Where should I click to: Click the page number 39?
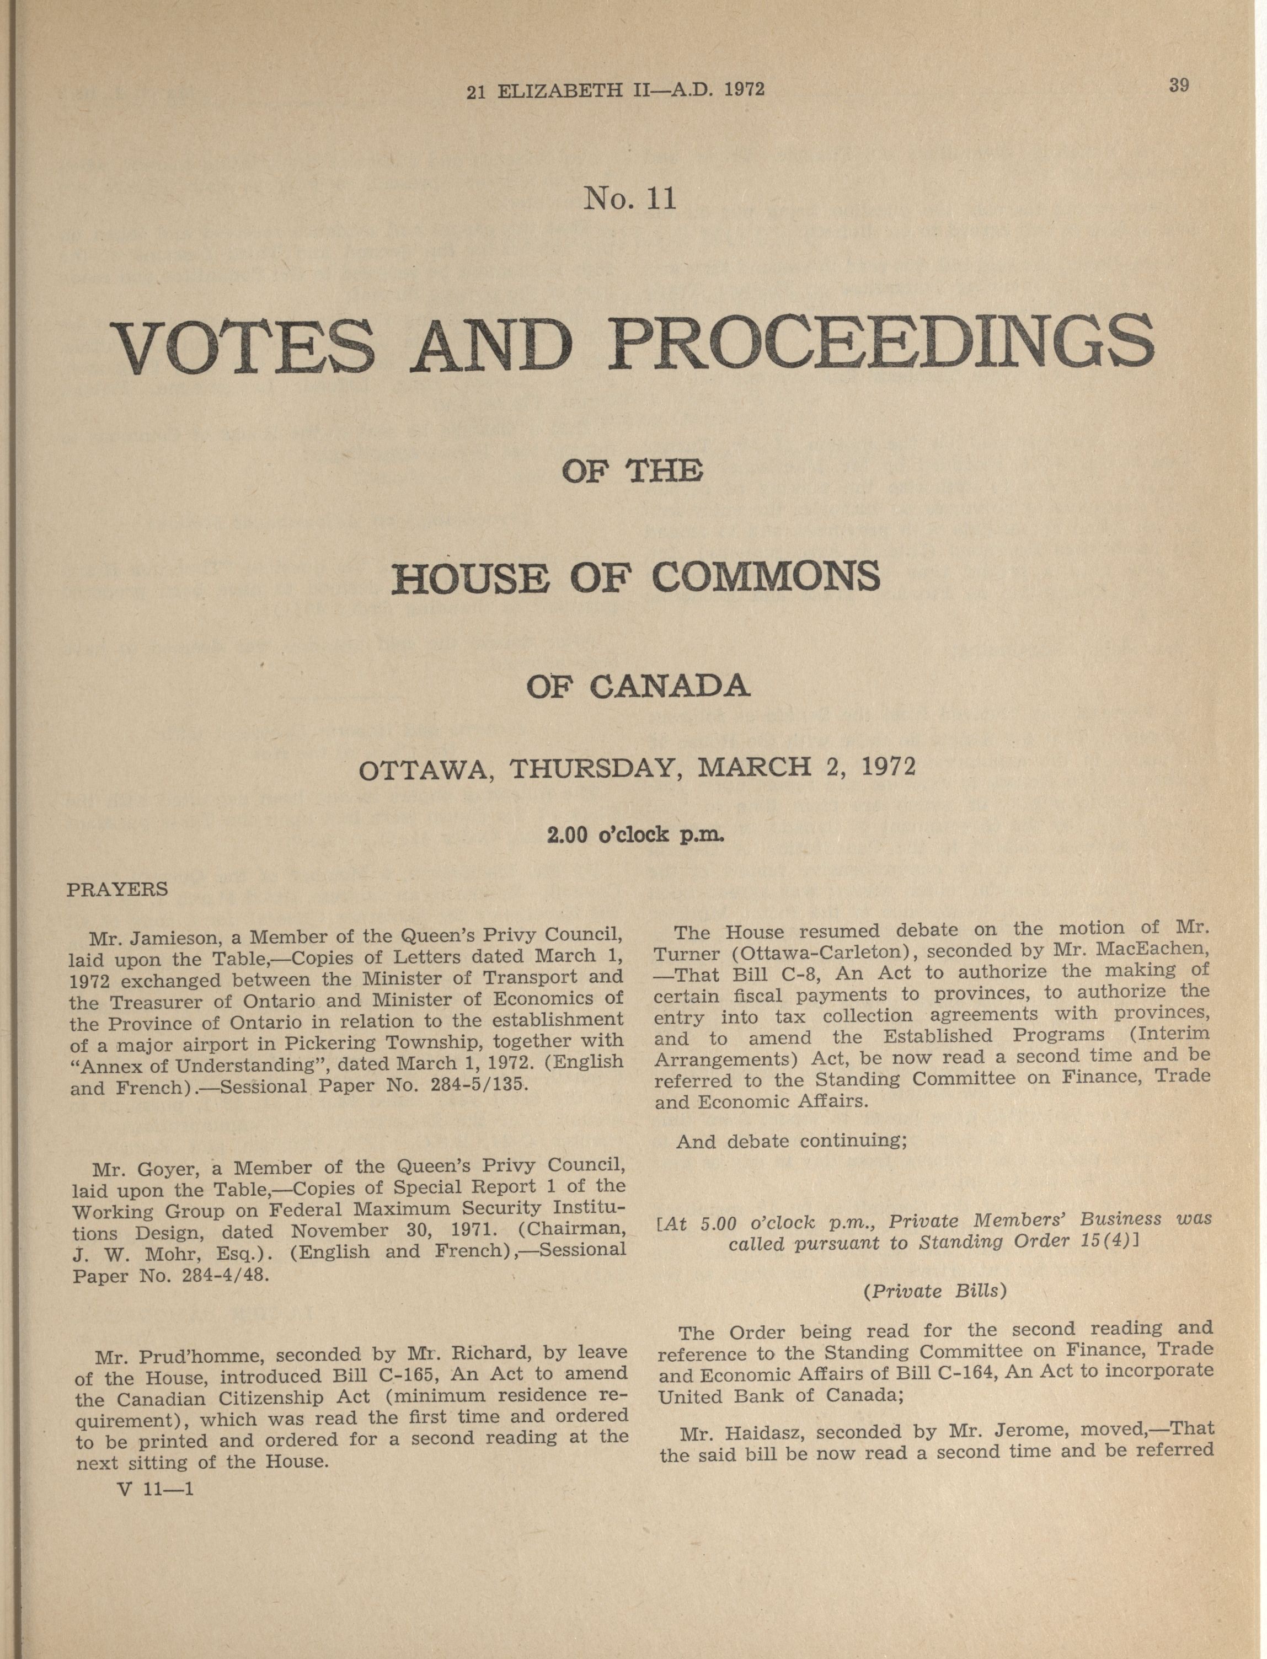(1179, 85)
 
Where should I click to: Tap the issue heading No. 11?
(630, 199)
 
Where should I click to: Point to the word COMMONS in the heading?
(766, 577)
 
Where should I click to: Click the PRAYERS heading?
(117, 890)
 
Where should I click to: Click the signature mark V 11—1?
(156, 1490)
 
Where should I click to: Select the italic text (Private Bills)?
(934, 1291)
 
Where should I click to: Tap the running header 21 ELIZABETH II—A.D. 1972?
(616, 90)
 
